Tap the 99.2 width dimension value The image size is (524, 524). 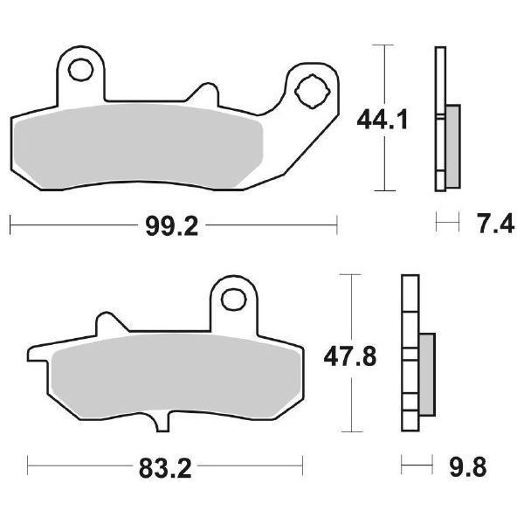[171, 227]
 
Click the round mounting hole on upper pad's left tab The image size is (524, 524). [82, 68]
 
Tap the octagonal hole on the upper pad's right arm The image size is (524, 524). [311, 88]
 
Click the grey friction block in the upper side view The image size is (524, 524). [452, 144]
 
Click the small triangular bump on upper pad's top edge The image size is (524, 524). [206, 92]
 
